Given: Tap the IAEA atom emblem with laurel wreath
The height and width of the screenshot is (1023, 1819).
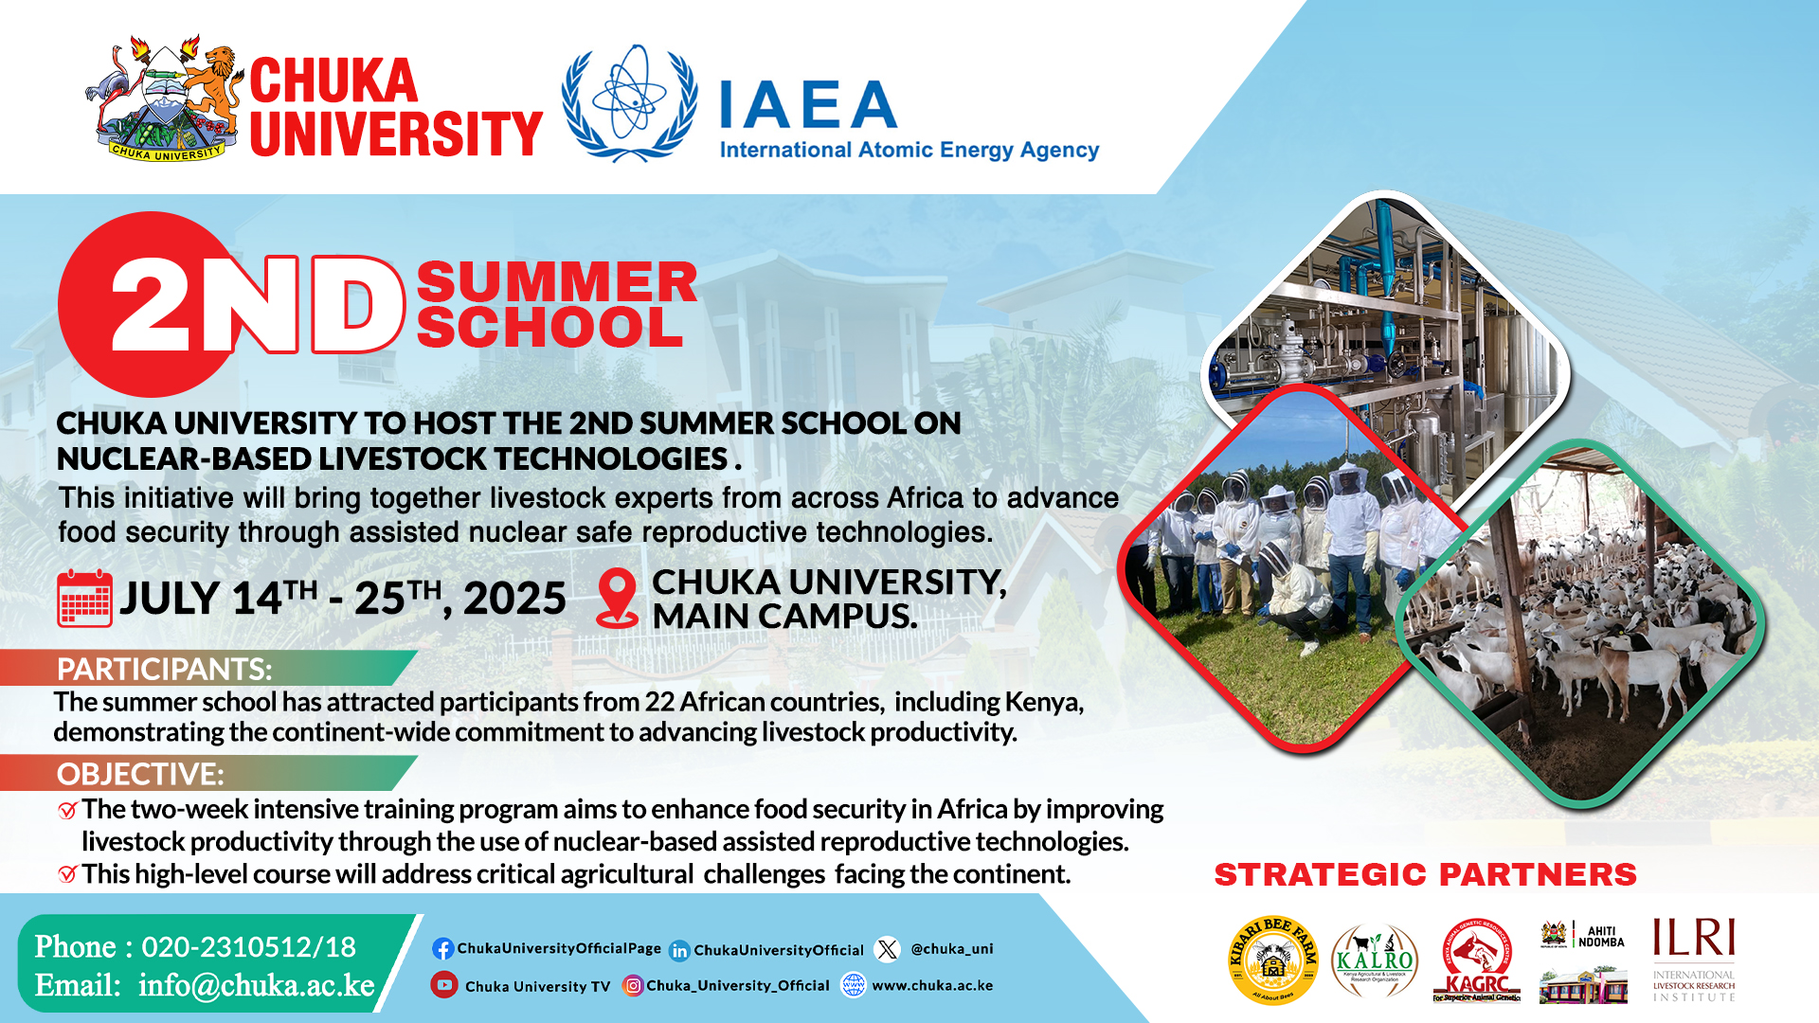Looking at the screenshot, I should [629, 102].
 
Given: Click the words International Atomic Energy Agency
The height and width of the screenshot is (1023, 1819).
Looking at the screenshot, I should [909, 150].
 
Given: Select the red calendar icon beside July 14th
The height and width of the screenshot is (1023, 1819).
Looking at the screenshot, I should [84, 599].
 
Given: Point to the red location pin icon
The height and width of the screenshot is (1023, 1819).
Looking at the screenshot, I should [618, 598].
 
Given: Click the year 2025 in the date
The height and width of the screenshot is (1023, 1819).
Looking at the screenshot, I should [514, 599].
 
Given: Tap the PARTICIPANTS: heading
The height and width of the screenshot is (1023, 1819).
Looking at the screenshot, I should [164, 669].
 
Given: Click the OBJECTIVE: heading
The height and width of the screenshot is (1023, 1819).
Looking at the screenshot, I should [140, 774].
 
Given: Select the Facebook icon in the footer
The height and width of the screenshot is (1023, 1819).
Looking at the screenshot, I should [442, 948].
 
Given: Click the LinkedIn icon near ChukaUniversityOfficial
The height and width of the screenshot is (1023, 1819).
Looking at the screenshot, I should [679, 950].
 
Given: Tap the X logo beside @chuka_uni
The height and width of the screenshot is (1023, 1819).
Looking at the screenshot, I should [888, 949].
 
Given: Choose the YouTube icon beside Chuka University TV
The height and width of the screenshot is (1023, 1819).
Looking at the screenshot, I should [443, 985].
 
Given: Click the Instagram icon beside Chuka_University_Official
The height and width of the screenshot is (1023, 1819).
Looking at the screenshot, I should [633, 986].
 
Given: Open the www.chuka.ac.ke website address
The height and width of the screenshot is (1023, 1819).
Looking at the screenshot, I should [932, 985].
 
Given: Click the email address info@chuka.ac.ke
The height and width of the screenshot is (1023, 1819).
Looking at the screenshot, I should [256, 985].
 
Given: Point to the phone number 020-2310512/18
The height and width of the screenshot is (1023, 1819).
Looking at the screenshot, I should [248, 946].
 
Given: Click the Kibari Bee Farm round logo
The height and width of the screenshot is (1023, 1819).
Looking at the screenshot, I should [1272, 960].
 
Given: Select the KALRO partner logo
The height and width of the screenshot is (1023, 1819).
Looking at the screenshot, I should [1374, 960].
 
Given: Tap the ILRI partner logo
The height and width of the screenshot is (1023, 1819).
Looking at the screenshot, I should [1694, 959].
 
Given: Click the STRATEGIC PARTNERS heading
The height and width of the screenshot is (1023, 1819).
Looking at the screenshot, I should [1425, 874].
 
